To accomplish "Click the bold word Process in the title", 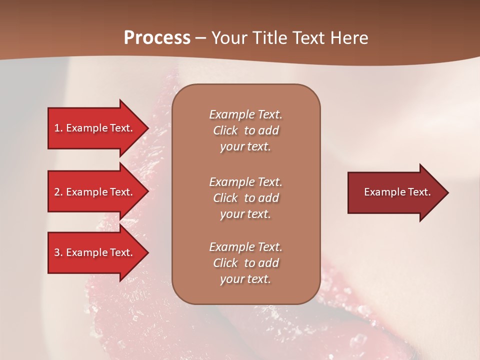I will coord(157,38).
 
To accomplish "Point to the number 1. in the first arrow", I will coord(58,128).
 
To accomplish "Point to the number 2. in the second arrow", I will coord(58,192).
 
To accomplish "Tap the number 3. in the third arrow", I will coord(58,252).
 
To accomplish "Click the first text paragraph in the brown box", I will coord(245,130).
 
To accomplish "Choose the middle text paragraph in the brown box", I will coord(245,198).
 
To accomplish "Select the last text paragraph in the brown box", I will coord(245,263).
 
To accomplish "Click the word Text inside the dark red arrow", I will coord(419,192).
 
